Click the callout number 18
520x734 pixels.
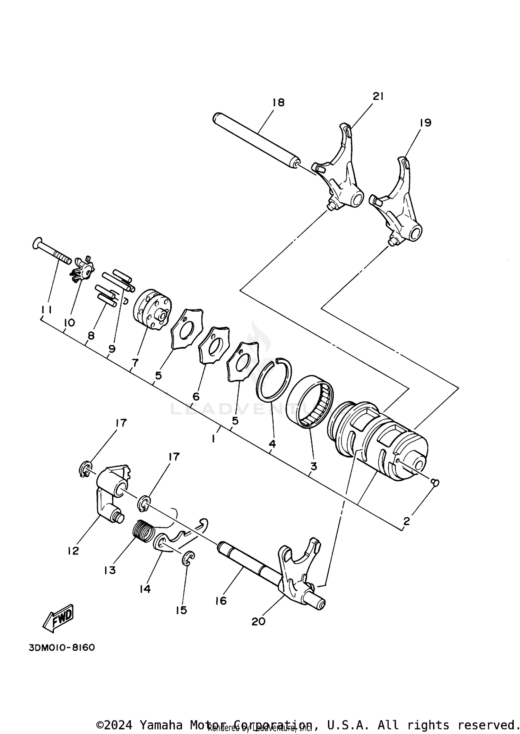(x=278, y=102)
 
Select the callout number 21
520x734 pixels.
(x=378, y=96)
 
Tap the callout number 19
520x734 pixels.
(x=425, y=123)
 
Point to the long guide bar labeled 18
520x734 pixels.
(x=257, y=141)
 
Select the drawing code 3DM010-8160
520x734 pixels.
(x=62, y=648)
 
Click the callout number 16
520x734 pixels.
(x=221, y=601)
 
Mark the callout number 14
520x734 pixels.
(x=145, y=589)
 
